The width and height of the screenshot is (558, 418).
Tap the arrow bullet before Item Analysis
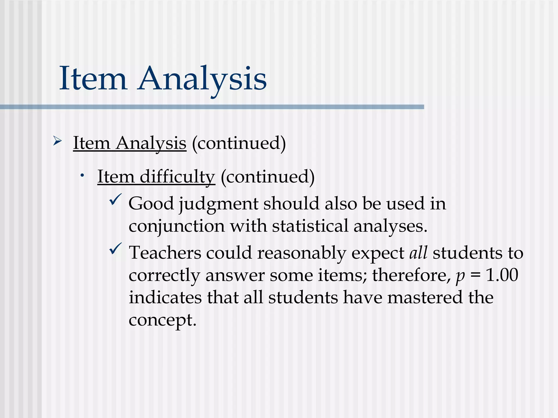click(57, 141)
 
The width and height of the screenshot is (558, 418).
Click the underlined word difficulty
click(177, 177)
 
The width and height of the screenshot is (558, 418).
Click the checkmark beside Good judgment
click(115, 200)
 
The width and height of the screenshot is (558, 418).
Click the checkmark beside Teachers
click(115, 249)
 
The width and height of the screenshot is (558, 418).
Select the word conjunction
click(177, 226)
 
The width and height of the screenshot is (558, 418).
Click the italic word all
click(418, 253)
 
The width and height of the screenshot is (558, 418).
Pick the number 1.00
click(502, 275)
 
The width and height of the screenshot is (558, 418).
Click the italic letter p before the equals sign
click(460, 276)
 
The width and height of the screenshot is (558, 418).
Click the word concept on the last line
click(162, 320)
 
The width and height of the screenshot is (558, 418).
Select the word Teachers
click(165, 253)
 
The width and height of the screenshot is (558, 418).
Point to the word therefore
click(411, 275)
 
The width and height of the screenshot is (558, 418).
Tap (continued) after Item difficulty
click(268, 177)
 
